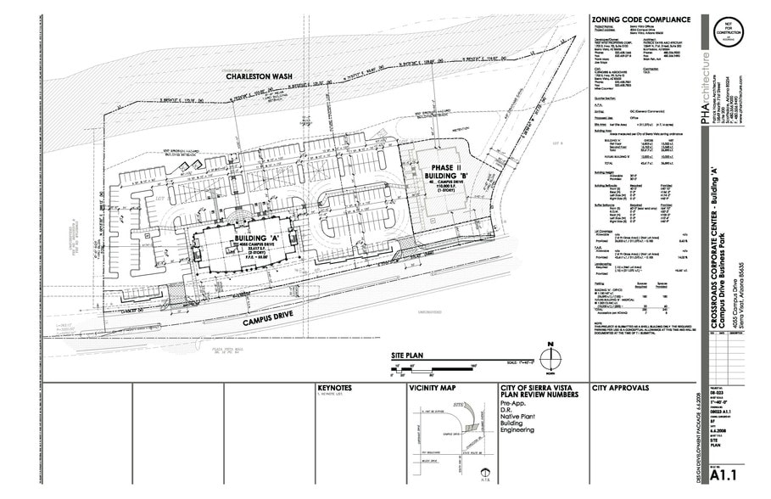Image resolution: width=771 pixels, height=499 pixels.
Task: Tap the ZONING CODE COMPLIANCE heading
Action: coord(641,20)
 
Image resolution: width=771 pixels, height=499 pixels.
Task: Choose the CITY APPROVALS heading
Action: coord(621,389)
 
